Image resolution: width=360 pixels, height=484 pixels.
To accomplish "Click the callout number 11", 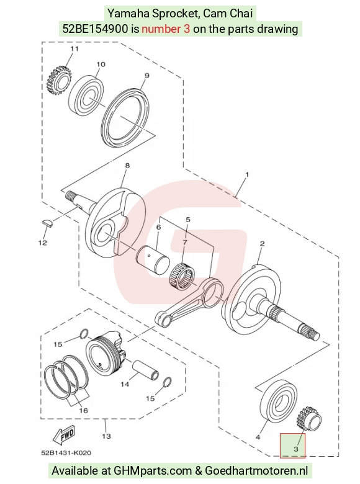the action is [x=74, y=49].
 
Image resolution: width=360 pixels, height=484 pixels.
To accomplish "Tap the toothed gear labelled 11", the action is [x=59, y=81].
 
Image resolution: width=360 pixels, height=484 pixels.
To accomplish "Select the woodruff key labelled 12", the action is [x=47, y=223].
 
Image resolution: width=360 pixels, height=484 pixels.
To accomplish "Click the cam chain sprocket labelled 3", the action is [x=310, y=418].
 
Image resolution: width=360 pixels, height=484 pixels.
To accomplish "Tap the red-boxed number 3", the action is [x=296, y=449].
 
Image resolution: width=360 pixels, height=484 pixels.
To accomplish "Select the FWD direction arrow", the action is [x=64, y=433].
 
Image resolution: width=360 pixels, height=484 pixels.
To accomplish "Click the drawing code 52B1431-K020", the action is [x=66, y=453].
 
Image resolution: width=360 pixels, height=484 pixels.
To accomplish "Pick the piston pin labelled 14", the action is [x=146, y=369].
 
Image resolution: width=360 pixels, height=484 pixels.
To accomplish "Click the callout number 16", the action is [x=83, y=411].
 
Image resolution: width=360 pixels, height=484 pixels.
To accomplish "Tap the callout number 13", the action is [x=106, y=436].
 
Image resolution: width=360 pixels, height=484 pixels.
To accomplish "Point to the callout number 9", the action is [x=147, y=76].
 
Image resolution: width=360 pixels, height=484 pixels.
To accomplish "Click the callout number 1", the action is [x=247, y=175].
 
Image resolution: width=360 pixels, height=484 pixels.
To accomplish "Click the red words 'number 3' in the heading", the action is [x=166, y=29].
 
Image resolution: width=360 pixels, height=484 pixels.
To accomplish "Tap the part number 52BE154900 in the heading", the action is [x=95, y=29].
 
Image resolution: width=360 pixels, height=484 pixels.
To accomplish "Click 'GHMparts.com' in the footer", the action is [x=153, y=471].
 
